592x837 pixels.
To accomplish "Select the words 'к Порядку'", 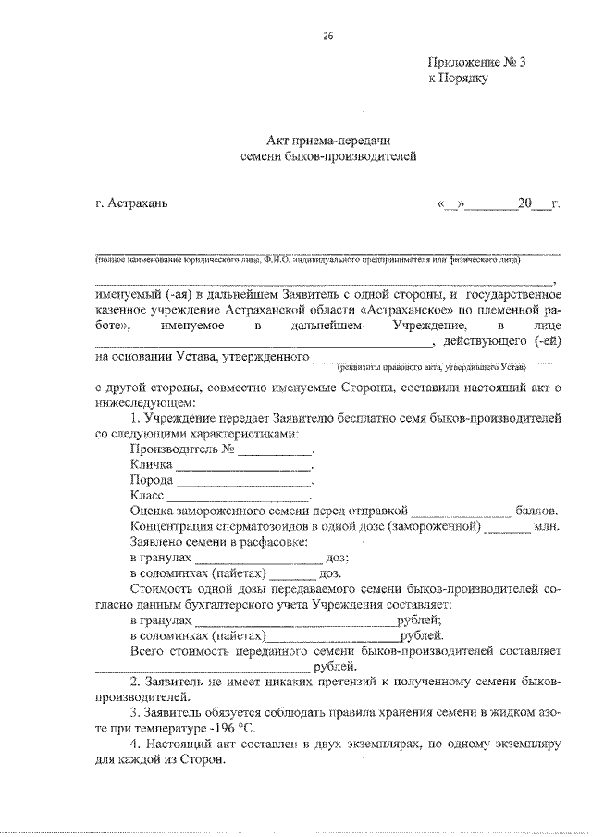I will click(457, 79).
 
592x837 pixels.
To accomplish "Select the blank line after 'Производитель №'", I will click(276, 452).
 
